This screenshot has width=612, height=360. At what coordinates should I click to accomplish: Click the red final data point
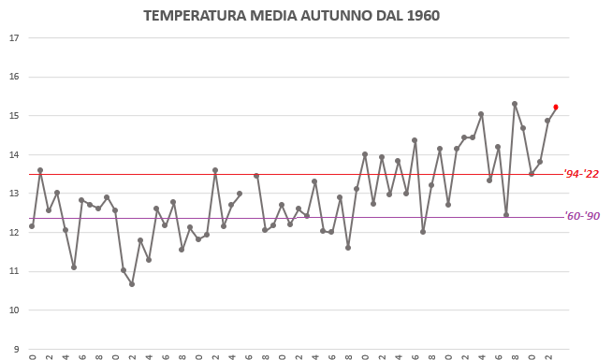click(556, 108)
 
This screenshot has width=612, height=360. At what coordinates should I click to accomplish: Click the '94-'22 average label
click(581, 174)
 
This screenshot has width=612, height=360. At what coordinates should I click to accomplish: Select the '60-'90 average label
click(581, 217)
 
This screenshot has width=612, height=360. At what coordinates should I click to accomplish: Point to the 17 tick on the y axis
click(13, 38)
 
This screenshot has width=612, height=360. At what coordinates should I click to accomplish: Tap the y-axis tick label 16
click(13, 78)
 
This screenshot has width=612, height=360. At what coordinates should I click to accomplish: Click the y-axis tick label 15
click(13, 116)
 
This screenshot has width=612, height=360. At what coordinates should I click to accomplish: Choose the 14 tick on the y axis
click(13, 155)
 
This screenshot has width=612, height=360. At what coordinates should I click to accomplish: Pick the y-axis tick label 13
click(13, 194)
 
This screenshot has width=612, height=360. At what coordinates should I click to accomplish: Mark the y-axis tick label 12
click(13, 233)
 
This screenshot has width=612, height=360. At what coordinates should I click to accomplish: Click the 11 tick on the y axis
click(13, 272)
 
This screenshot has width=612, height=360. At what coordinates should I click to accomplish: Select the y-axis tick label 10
click(13, 310)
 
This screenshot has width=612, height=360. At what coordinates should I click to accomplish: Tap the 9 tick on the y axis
click(15, 350)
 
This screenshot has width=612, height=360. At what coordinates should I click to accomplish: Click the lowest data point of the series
click(132, 283)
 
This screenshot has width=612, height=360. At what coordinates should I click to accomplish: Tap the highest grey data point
click(515, 104)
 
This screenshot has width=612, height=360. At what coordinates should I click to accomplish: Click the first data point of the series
click(32, 226)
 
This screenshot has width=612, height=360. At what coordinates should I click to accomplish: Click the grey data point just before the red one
click(547, 121)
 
